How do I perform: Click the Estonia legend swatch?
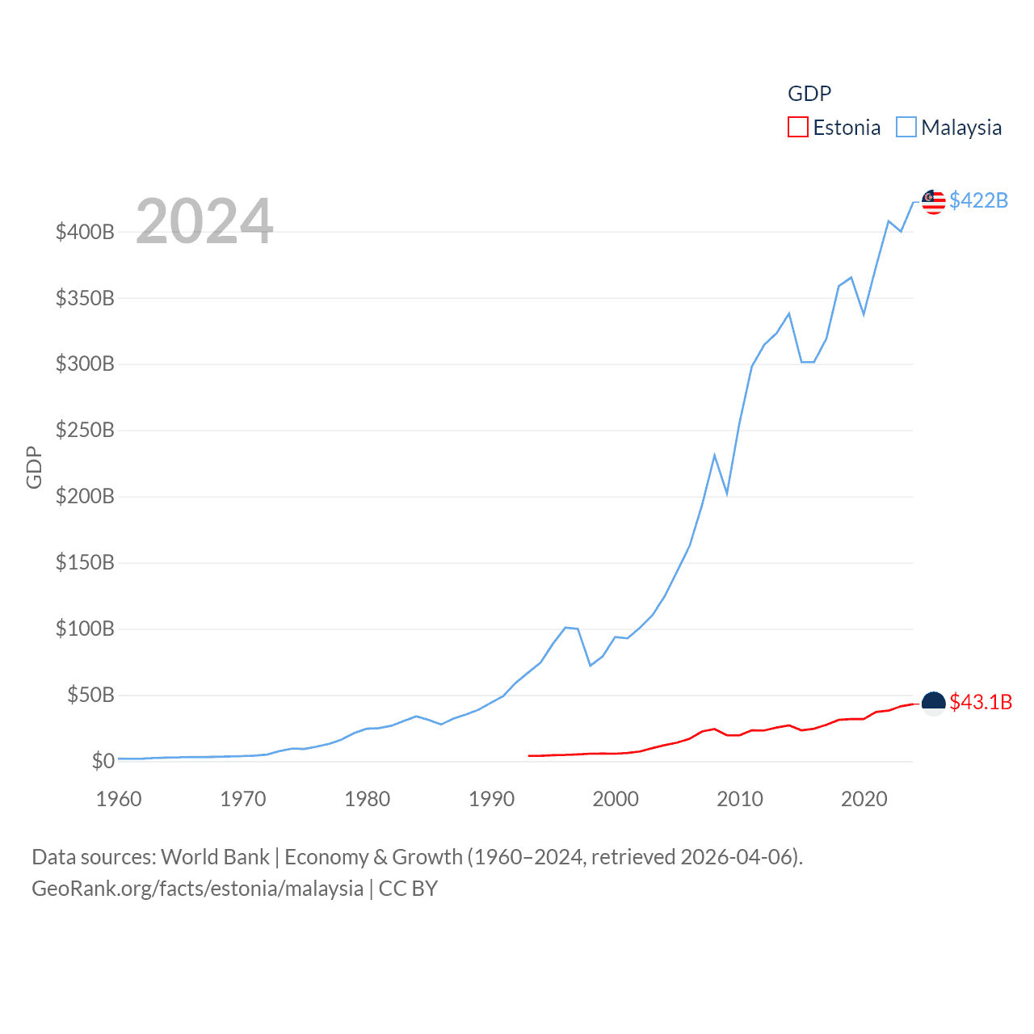[797, 128]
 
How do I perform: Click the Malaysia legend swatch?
[906, 128]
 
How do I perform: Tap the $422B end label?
[978, 200]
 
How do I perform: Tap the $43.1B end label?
[981, 702]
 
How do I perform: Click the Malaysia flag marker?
[933, 202]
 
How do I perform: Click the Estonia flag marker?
[933, 704]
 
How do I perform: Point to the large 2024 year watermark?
[204, 221]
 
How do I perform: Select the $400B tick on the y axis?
[85, 233]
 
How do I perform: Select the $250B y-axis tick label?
[85, 431]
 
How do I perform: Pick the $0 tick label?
[103, 761]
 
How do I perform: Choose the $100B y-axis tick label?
[85, 628]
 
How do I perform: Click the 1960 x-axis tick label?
[119, 800]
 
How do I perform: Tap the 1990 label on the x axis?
[491, 800]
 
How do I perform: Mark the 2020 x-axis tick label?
[864, 800]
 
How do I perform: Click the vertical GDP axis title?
[34, 467]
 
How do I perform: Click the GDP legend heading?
[809, 94]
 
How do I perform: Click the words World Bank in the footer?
[215, 857]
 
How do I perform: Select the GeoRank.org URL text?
[197, 889]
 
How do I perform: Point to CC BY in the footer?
[408, 889]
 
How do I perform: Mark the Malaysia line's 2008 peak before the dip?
[715, 456]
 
